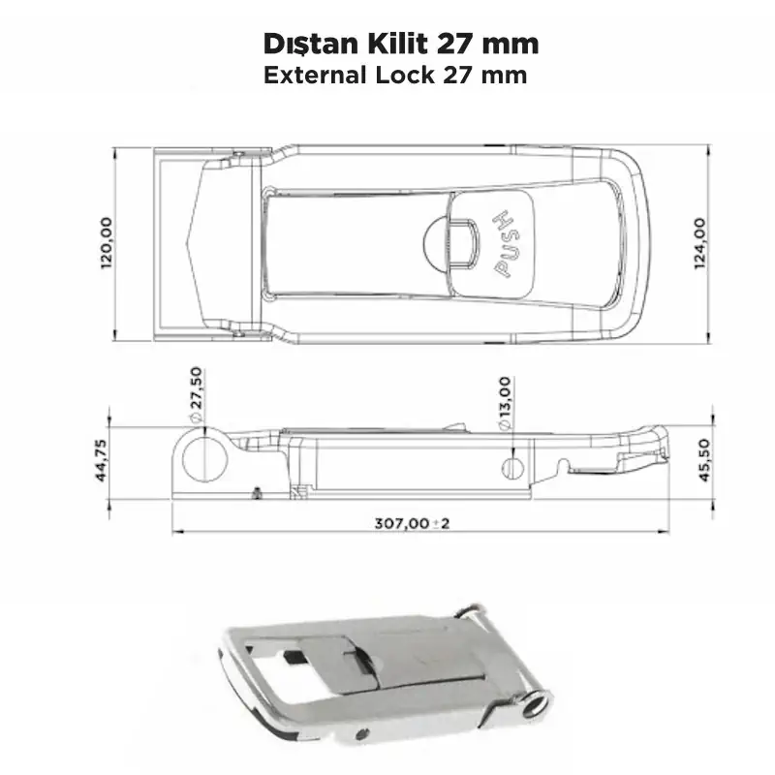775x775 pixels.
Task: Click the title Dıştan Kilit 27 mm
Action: click(x=401, y=45)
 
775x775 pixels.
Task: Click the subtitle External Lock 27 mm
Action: click(x=395, y=76)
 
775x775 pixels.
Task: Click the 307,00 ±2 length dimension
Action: click(x=413, y=523)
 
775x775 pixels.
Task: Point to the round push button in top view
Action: click(x=447, y=241)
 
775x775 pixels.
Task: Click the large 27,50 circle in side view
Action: click(x=204, y=454)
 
